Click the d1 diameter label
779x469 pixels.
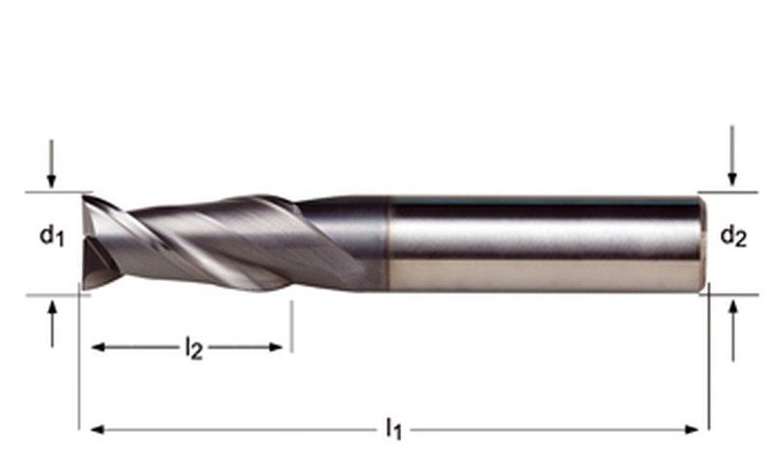53,235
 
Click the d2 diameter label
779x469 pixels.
733,235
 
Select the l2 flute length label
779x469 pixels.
194,348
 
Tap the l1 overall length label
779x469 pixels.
393,428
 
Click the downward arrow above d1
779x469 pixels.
52,163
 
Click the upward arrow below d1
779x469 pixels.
53,324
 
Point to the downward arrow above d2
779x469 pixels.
732,156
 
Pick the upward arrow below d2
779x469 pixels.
733,331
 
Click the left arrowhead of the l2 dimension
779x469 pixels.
98,347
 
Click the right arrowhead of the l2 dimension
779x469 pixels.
277,347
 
